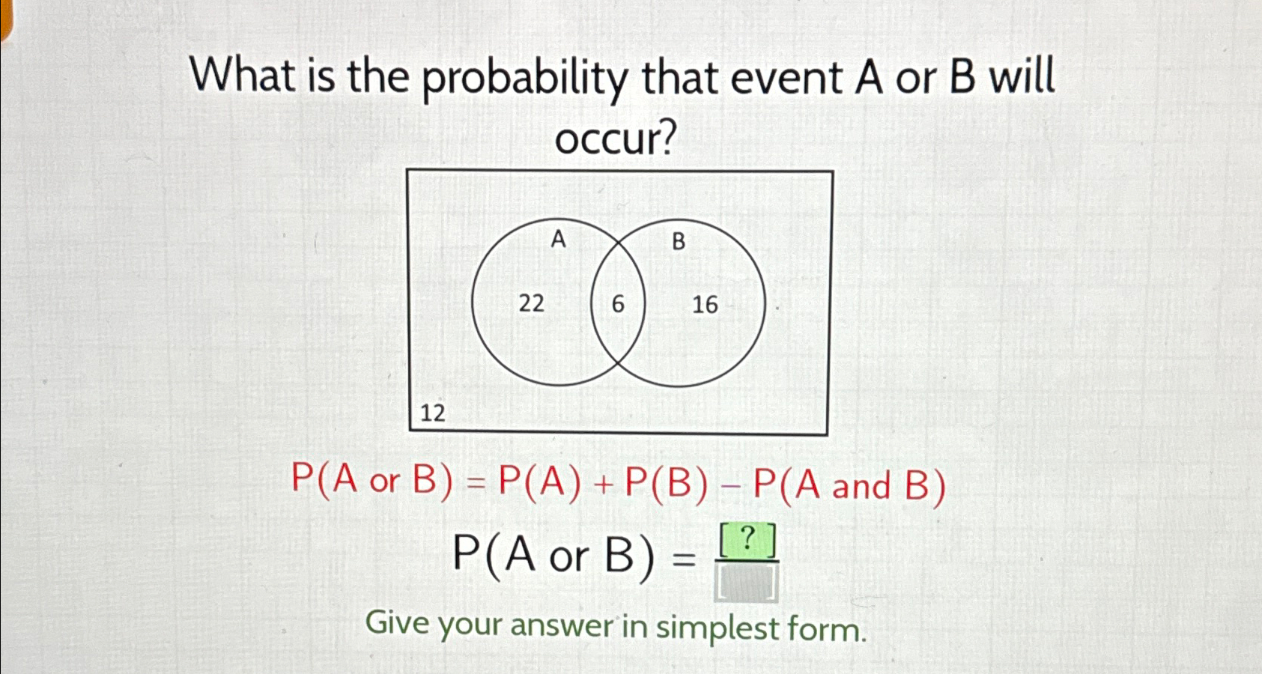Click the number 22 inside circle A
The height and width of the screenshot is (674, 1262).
(x=531, y=303)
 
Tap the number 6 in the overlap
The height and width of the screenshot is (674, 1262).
(x=618, y=304)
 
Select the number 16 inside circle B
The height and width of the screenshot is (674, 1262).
(x=705, y=305)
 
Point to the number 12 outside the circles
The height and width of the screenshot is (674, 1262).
(x=432, y=413)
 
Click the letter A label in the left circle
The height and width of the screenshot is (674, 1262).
(x=558, y=240)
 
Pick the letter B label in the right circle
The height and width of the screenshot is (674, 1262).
(x=679, y=241)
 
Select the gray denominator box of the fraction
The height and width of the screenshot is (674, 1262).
(x=747, y=583)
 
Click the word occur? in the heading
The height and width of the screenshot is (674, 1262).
(x=616, y=139)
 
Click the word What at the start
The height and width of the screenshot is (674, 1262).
(x=242, y=76)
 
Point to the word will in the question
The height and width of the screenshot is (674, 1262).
(x=1022, y=77)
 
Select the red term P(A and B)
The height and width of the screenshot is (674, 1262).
(x=849, y=485)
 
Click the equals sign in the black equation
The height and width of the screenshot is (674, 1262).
(x=683, y=558)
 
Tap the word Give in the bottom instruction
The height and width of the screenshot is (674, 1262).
(x=396, y=622)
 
